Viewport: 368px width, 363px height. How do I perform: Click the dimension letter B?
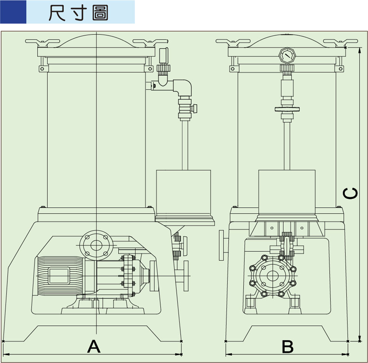pyautogui.click(x=287, y=346)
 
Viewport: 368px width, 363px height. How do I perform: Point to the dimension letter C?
pyautogui.click(x=350, y=193)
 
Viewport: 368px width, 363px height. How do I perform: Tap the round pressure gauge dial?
pyautogui.click(x=287, y=56)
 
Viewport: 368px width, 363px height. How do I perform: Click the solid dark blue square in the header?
pyautogui.click(x=13, y=12)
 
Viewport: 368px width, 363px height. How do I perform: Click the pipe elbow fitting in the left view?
pyautogui.click(x=184, y=87)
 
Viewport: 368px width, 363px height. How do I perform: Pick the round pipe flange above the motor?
pyautogui.click(x=96, y=243)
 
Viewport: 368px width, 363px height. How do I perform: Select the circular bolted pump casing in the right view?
pyautogui.click(x=273, y=276)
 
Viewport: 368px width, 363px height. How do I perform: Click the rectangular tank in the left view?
pyautogui.click(x=183, y=192)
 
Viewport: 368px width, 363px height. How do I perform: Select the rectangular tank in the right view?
pyautogui.click(x=287, y=192)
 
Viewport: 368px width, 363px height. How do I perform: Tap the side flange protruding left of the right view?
pyautogui.click(x=222, y=245)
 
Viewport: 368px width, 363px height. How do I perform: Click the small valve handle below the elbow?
pyautogui.click(x=195, y=109)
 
